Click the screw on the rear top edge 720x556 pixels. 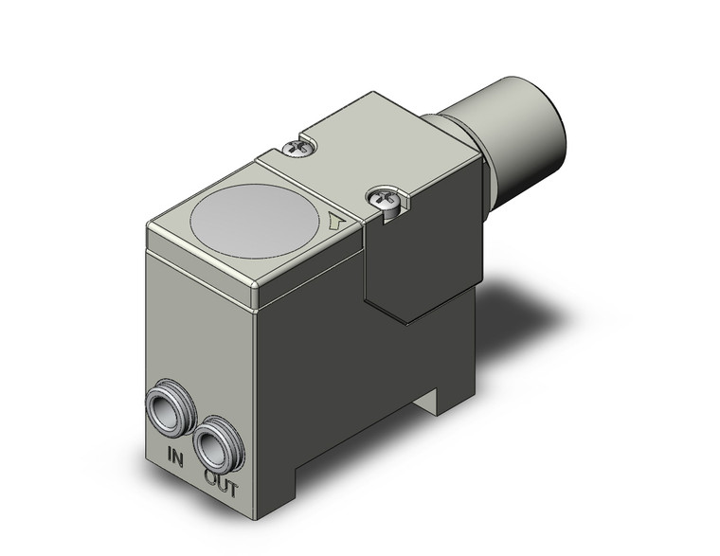click(297, 147)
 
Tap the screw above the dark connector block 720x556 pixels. click(382, 199)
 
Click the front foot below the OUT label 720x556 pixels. click(275, 502)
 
